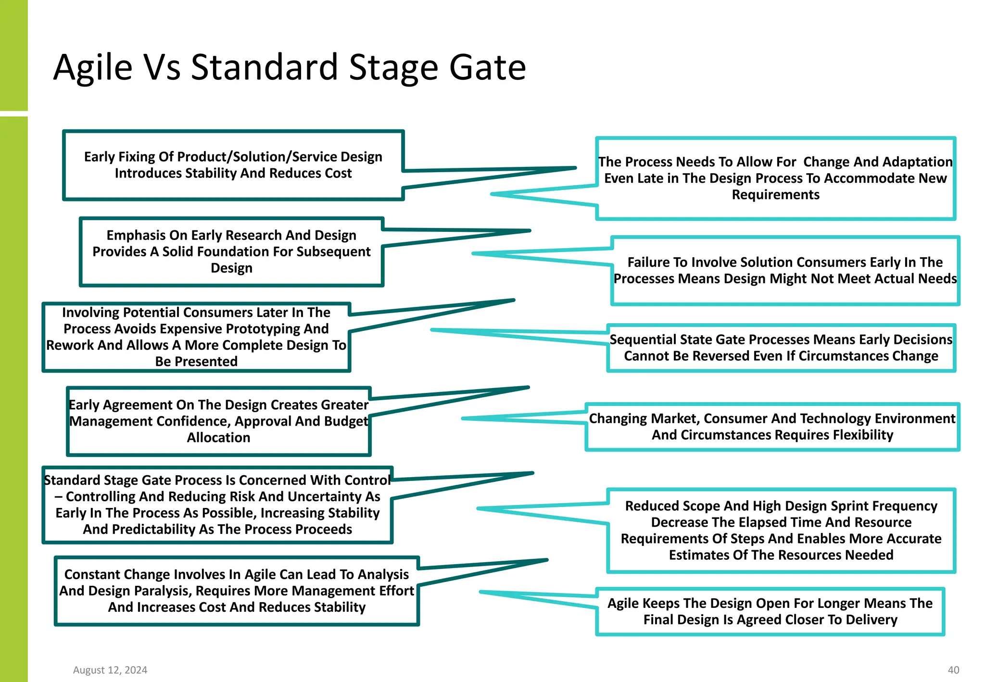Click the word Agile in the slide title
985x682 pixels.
tap(93, 67)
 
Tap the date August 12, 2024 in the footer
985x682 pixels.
tap(110, 670)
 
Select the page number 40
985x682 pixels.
tap(953, 670)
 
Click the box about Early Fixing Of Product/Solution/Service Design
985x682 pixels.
tap(233, 165)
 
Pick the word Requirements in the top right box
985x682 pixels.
tap(775, 195)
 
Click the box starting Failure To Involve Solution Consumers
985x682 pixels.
tap(785, 271)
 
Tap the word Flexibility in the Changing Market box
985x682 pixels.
tap(863, 435)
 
